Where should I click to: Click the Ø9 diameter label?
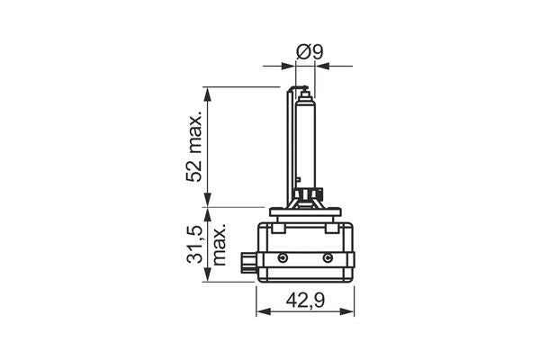tap(310, 52)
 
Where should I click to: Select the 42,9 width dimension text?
tap(305, 301)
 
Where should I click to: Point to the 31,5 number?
tap(193, 244)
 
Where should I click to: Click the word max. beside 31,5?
tap(219, 245)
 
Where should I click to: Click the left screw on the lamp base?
tap(283, 258)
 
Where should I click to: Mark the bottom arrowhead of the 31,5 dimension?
tap(208, 276)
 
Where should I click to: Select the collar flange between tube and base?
tap(306, 210)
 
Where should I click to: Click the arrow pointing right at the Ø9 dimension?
tap(290, 65)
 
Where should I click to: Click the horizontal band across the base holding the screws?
tap(306, 259)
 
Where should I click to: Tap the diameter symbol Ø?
tap(303, 52)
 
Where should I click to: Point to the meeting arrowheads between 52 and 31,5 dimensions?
tap(208, 207)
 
